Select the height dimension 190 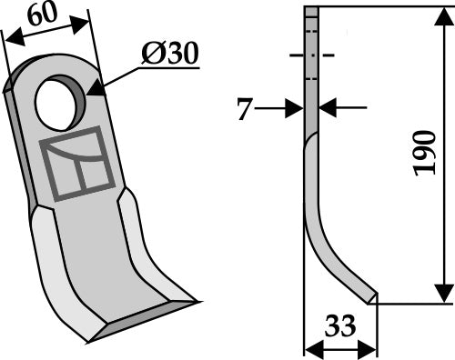click(419, 154)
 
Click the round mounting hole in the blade click(57, 103)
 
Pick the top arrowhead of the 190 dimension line click(443, 16)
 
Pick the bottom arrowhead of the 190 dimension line click(443, 294)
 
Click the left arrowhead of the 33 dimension click(309, 347)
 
